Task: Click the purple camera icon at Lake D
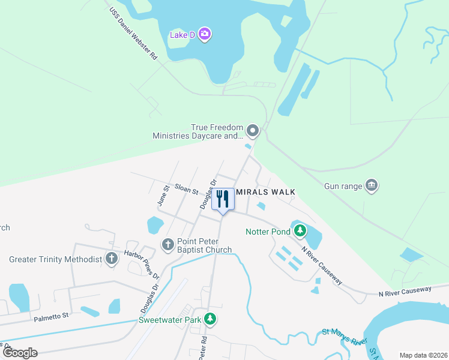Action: [x=205, y=34]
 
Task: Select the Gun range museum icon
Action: [x=372, y=185]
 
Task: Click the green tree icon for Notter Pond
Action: [x=299, y=230]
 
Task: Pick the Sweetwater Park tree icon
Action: [x=209, y=319]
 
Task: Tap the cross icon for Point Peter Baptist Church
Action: [x=168, y=244]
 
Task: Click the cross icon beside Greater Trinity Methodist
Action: [x=111, y=259]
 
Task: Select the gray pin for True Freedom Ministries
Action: [x=253, y=130]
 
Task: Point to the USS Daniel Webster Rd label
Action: [x=133, y=34]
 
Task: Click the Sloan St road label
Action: [x=186, y=189]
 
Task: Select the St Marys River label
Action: [x=344, y=337]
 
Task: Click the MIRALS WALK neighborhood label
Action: [x=265, y=192]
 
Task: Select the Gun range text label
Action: [x=343, y=186]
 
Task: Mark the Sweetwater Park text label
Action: [x=170, y=320]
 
